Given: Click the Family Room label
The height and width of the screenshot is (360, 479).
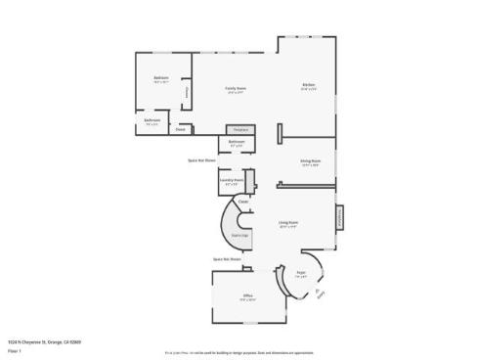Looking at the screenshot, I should pos(236,88).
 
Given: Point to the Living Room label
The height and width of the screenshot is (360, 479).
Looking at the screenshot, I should pos(287,223).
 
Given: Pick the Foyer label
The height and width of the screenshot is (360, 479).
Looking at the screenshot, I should pos(302,272).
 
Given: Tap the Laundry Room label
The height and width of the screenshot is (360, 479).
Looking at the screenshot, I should pos(231,180).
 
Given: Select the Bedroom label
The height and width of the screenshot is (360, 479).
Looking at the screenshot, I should pos(160,78).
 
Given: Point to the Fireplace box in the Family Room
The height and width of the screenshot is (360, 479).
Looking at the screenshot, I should pos(239,129).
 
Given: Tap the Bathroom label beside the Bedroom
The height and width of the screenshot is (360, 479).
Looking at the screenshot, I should pos(152,121).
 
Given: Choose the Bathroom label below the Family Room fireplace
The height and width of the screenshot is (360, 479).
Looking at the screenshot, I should pos(237,142).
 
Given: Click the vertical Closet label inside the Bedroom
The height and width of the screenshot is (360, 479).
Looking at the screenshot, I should pos(187,92).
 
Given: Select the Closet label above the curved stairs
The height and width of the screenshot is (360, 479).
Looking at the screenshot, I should pos(242,202).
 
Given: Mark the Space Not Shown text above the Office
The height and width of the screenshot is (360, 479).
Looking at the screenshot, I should pos(227,259).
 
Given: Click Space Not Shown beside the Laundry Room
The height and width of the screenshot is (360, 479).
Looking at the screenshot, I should pos(201,160).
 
